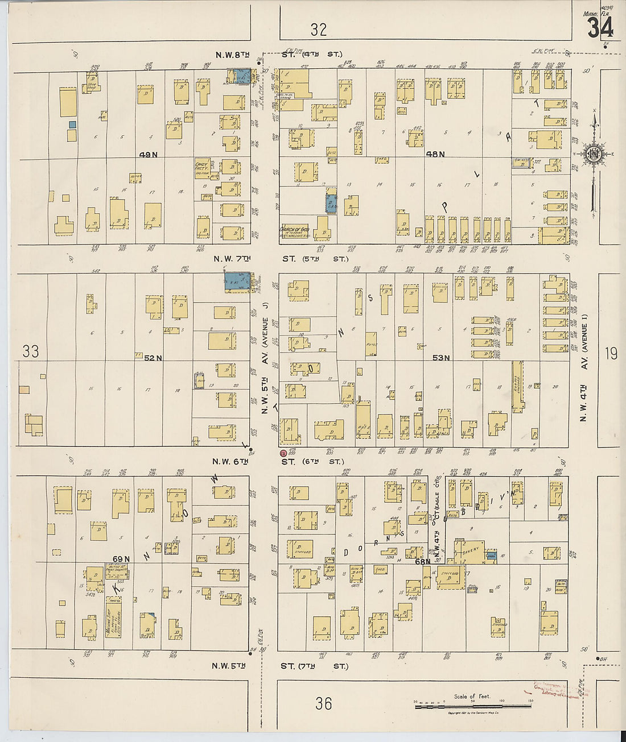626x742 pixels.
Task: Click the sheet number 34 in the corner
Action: (x=600, y=27)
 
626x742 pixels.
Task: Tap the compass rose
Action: (x=594, y=154)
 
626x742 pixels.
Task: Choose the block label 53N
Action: (x=441, y=358)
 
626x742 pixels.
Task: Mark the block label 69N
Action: (x=121, y=559)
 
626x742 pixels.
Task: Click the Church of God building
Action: (x=294, y=231)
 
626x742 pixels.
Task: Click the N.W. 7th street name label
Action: (x=232, y=259)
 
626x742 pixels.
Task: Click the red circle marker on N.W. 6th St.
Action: (x=283, y=453)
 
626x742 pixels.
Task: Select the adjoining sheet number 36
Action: (x=323, y=704)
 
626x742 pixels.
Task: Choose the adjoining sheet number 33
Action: (x=31, y=351)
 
